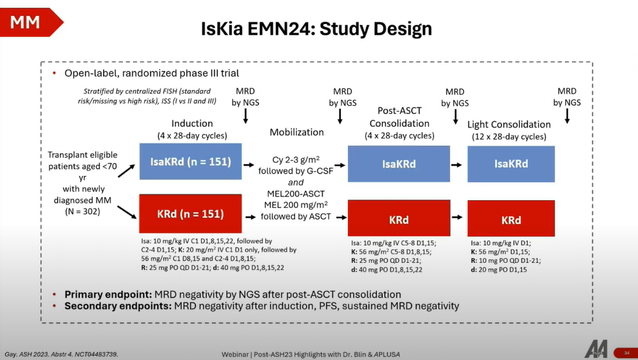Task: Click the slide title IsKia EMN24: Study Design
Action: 316,29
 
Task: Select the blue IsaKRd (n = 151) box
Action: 191,161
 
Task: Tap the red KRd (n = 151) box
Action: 191,213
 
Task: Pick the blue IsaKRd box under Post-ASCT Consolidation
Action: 400,164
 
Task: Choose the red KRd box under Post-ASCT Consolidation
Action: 400,219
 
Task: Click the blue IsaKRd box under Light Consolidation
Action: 511,164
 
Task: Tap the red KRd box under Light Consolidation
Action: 511,219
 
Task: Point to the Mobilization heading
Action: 296,132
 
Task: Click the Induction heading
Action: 192,123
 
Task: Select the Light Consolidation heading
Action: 509,124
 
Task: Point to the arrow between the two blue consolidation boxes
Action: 456,164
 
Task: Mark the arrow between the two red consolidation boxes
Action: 456,219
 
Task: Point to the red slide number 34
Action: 626,352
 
